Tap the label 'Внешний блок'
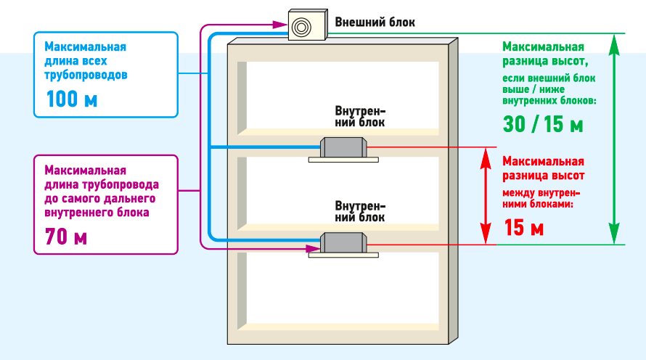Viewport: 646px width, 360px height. click(375, 22)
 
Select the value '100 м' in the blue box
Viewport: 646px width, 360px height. click(71, 99)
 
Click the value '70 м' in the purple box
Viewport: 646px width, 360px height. click(65, 237)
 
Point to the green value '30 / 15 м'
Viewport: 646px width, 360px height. click(543, 124)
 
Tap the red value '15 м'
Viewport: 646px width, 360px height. click(523, 229)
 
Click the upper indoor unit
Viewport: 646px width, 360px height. click(343, 148)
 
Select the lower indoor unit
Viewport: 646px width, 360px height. click(343, 243)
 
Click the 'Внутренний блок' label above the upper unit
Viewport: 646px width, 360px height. click(360, 117)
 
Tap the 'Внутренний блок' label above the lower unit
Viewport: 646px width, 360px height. click(360, 211)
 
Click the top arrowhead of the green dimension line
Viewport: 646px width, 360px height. click(615, 41)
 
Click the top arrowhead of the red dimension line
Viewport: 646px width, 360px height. click(484, 154)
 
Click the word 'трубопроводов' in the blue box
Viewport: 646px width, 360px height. click(86, 74)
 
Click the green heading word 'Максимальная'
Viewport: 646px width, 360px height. click(543, 46)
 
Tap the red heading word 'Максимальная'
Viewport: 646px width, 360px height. click(543, 161)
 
